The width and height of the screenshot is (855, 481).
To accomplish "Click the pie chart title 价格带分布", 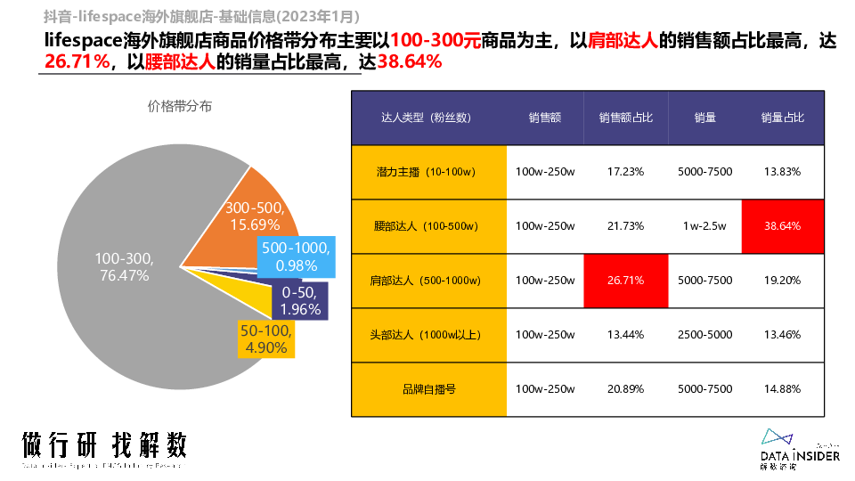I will coord(180,107).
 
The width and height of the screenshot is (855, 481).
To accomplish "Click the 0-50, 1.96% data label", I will coord(300,301).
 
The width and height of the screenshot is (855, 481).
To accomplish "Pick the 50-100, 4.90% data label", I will coord(266,338).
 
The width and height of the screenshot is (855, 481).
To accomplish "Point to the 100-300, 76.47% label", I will coord(124,267).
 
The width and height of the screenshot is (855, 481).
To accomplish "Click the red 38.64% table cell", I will coord(782,225).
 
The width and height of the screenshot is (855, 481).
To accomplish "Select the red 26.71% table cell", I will coord(625,281).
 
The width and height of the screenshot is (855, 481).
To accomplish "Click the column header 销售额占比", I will coord(625,118).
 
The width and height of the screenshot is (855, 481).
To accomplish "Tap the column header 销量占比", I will coord(782,118).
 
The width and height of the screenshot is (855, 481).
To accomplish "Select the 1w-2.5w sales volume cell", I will coord(704,225).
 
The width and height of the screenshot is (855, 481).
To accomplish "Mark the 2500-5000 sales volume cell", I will coord(704,335).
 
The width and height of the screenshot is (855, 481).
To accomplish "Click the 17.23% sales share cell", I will coord(625,171).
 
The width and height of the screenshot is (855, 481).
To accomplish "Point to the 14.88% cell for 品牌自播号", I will coord(782,389).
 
